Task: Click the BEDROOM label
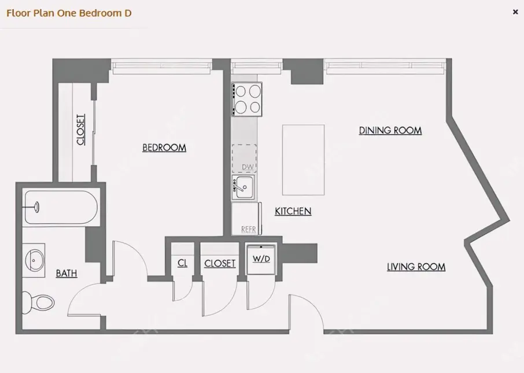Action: pyautogui.click(x=164, y=148)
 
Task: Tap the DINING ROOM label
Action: pyautogui.click(x=390, y=131)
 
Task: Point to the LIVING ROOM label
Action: pyautogui.click(x=416, y=267)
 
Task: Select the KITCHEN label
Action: pyautogui.click(x=293, y=212)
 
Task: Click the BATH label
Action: pyautogui.click(x=67, y=274)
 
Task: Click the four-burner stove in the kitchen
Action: pyautogui.click(x=247, y=99)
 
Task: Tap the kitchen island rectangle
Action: pyautogui.click(x=303, y=160)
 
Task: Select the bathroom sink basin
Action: pyautogui.click(x=35, y=260)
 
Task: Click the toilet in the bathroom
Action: pyautogui.click(x=38, y=301)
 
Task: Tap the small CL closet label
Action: pyautogui.click(x=182, y=264)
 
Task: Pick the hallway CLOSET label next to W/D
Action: pyautogui.click(x=220, y=264)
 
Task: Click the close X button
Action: pyautogui.click(x=515, y=12)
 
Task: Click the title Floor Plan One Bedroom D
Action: pyautogui.click(x=69, y=12)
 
